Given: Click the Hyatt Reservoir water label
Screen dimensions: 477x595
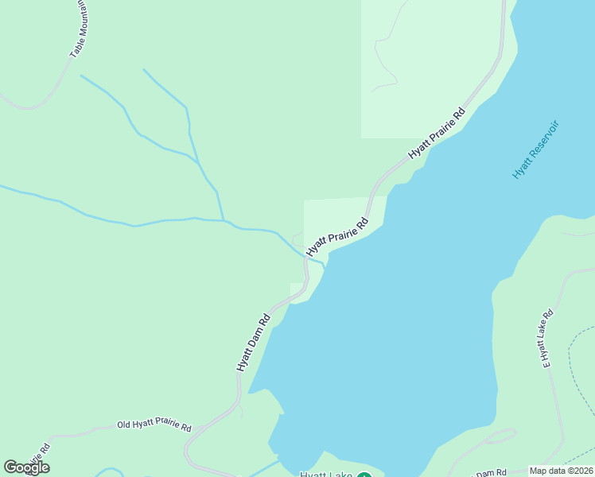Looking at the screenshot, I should [x=535, y=149].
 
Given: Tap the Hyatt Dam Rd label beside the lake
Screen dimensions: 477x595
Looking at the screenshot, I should [x=253, y=342].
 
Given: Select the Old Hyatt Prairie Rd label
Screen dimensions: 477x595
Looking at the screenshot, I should [x=154, y=427].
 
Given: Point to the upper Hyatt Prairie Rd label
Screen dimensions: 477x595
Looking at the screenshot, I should [x=436, y=133].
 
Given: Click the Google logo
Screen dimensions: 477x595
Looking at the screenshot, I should [x=26, y=467].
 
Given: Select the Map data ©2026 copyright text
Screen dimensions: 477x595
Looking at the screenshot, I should [x=560, y=471].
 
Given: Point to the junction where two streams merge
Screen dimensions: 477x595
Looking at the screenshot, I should [x=224, y=220].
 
